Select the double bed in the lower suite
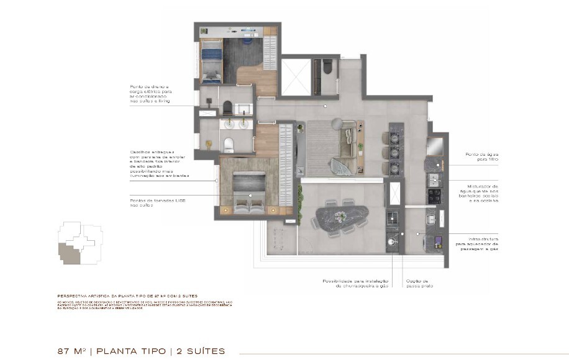pyautogui.click(x=248, y=191)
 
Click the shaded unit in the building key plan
pyautogui.click(x=68, y=253)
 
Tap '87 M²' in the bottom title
pyautogui.click(x=71, y=351)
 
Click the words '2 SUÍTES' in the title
pyautogui.click(x=200, y=351)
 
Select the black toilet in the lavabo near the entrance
pyautogui.click(x=327, y=67)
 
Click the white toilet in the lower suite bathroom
pyautogui.click(x=228, y=145)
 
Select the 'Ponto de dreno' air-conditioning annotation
pyautogui.click(x=149, y=94)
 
